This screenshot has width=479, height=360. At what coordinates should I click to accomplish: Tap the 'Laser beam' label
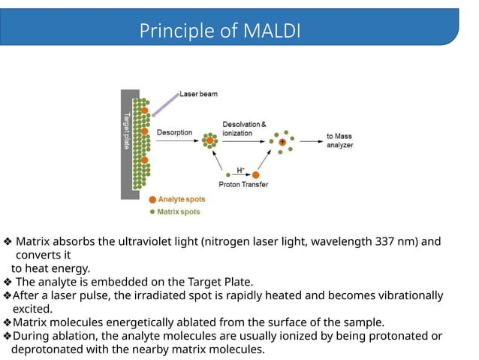[198, 95]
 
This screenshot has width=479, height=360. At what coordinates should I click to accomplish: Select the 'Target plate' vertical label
[125, 132]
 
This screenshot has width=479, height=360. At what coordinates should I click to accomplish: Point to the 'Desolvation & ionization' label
[243, 128]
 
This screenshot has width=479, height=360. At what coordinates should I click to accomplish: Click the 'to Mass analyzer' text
[339, 141]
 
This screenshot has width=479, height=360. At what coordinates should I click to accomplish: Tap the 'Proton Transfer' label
[243, 184]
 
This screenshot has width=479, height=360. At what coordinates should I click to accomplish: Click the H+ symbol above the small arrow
[240, 169]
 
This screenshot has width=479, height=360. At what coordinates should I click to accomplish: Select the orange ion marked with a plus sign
[282, 141]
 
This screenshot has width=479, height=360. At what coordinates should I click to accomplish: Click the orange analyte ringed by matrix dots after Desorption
[209, 139]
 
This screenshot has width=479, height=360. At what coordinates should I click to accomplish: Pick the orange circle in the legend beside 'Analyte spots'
[152, 200]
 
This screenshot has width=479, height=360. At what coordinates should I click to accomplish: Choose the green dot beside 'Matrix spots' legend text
[152, 211]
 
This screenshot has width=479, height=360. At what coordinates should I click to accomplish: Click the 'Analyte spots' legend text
[182, 200]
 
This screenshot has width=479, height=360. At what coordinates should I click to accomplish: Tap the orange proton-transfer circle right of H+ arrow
[257, 174]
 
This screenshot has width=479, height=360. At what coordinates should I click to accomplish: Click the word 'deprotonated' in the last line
[47, 349]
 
